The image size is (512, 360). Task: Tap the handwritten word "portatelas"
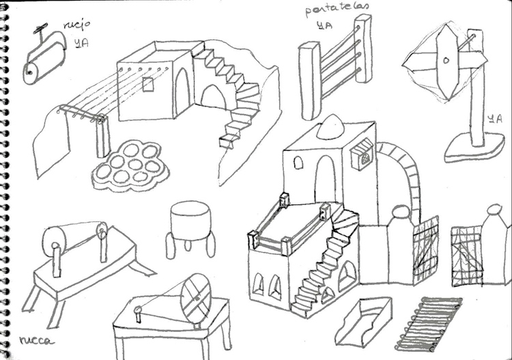[337, 8]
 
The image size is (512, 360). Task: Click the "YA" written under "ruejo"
[81, 42]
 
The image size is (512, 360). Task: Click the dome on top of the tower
[331, 127]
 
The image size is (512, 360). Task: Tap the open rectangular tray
[362, 321]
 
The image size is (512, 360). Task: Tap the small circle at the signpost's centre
[445, 60]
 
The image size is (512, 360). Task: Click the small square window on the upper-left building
[147, 84]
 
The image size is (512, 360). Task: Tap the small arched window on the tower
[298, 163]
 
